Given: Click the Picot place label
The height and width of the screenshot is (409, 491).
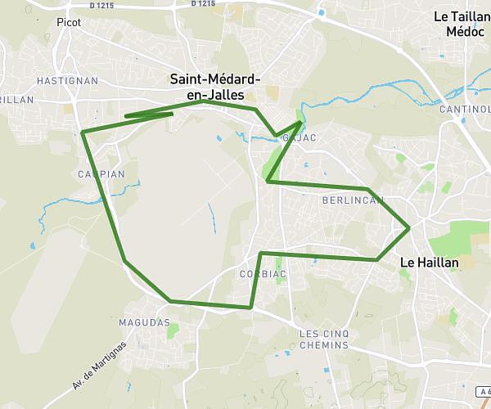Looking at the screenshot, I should point(69,23).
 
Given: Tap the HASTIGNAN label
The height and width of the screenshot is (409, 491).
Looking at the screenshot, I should point(67,81).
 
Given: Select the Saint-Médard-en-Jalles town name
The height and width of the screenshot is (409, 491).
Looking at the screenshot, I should point(215,87).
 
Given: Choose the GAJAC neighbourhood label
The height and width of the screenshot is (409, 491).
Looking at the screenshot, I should point(300,137).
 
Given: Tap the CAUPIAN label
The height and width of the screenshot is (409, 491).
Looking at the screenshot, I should point(101,174).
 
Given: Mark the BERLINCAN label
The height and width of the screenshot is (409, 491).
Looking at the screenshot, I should point(353,200).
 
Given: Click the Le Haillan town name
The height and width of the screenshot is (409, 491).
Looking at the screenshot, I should point(429,263).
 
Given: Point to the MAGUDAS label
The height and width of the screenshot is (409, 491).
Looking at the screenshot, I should point(144,323).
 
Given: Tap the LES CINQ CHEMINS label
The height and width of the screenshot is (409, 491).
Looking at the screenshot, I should point(324,339).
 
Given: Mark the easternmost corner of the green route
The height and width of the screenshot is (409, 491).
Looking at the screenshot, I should point(408,227).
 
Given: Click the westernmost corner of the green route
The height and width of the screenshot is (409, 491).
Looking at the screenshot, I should point(83,132).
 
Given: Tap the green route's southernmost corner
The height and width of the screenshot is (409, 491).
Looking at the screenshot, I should point(250,308).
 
